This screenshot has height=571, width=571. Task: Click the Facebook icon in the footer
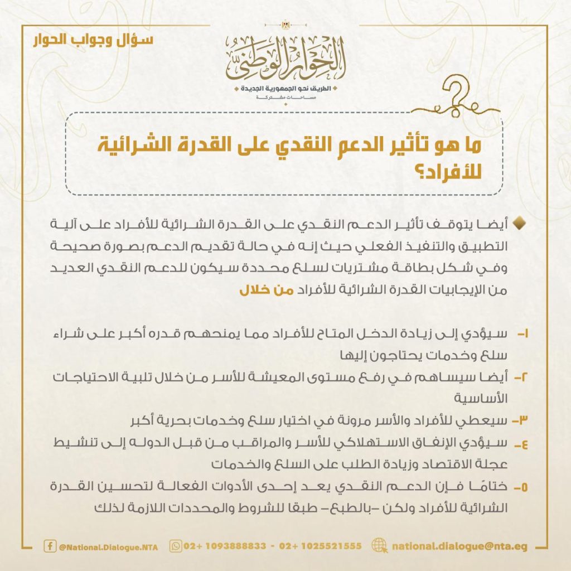click(x=50, y=546)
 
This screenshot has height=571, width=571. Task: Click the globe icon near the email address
click(x=379, y=546)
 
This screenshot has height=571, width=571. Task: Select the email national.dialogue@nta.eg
click(x=459, y=546)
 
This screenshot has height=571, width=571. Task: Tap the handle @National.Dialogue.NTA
click(x=108, y=547)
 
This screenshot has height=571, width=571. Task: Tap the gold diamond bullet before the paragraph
click(x=518, y=224)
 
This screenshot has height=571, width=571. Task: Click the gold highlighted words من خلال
click(x=258, y=291)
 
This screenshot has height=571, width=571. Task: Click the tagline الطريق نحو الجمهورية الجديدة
click(x=285, y=89)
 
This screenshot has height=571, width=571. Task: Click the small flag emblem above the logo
click(x=285, y=25)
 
